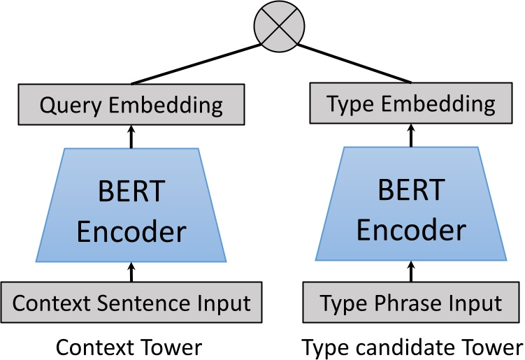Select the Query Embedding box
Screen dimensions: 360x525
tap(131, 106)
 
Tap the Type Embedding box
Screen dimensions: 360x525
tap(410, 105)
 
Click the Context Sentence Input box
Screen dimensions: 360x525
tap(131, 303)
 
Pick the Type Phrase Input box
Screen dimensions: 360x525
tap(410, 303)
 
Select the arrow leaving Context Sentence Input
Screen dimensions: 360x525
tap(131, 271)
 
